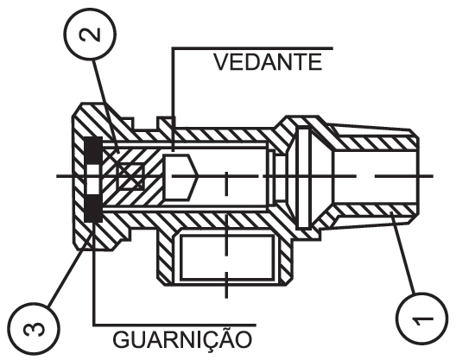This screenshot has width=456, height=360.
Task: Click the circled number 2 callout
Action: point(90,35)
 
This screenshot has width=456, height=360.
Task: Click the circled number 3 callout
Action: point(34,328)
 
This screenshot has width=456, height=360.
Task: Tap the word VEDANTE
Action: point(268,61)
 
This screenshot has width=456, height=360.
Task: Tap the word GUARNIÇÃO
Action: point(182,339)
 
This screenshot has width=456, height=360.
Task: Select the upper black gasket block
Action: point(93,149)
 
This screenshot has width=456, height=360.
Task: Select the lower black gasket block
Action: point(93,208)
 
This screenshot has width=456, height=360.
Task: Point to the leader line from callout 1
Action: point(402,253)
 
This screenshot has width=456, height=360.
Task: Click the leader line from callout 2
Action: point(106,105)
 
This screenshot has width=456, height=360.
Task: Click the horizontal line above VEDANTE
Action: point(252,48)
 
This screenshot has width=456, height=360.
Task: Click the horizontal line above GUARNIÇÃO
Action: point(174,325)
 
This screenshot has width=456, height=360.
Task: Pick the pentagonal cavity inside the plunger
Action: point(180,177)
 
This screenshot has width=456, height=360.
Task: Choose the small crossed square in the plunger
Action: point(130,176)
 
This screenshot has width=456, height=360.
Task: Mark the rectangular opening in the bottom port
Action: point(227,257)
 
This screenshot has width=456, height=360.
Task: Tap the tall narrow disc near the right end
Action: point(303,177)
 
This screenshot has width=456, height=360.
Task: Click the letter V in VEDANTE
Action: point(221,61)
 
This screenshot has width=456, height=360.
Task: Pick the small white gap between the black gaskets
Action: point(93,179)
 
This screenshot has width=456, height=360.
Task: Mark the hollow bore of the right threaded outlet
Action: point(374,177)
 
